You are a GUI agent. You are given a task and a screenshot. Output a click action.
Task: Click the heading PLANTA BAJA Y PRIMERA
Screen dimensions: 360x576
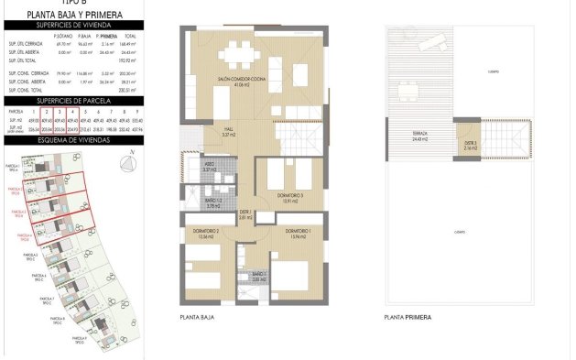click(x=62, y=15)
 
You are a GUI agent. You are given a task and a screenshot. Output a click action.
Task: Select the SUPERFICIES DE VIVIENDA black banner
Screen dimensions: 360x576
click(x=62, y=26)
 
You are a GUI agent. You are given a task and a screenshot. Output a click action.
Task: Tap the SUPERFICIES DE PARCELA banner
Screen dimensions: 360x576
click(x=62, y=99)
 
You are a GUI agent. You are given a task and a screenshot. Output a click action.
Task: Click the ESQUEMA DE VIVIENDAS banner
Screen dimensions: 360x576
click(x=62, y=142)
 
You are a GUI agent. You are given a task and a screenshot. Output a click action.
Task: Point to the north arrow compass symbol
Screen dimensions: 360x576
click(x=125, y=163)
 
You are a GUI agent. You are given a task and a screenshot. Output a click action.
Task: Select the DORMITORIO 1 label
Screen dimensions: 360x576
click(x=295, y=231)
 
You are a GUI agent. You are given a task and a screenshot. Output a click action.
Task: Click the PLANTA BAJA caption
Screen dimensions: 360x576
click(x=197, y=317)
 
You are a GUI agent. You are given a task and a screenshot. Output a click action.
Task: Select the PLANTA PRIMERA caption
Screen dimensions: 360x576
click(x=408, y=317)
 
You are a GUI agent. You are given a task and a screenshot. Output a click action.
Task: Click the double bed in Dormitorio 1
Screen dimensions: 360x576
click(x=295, y=273)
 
